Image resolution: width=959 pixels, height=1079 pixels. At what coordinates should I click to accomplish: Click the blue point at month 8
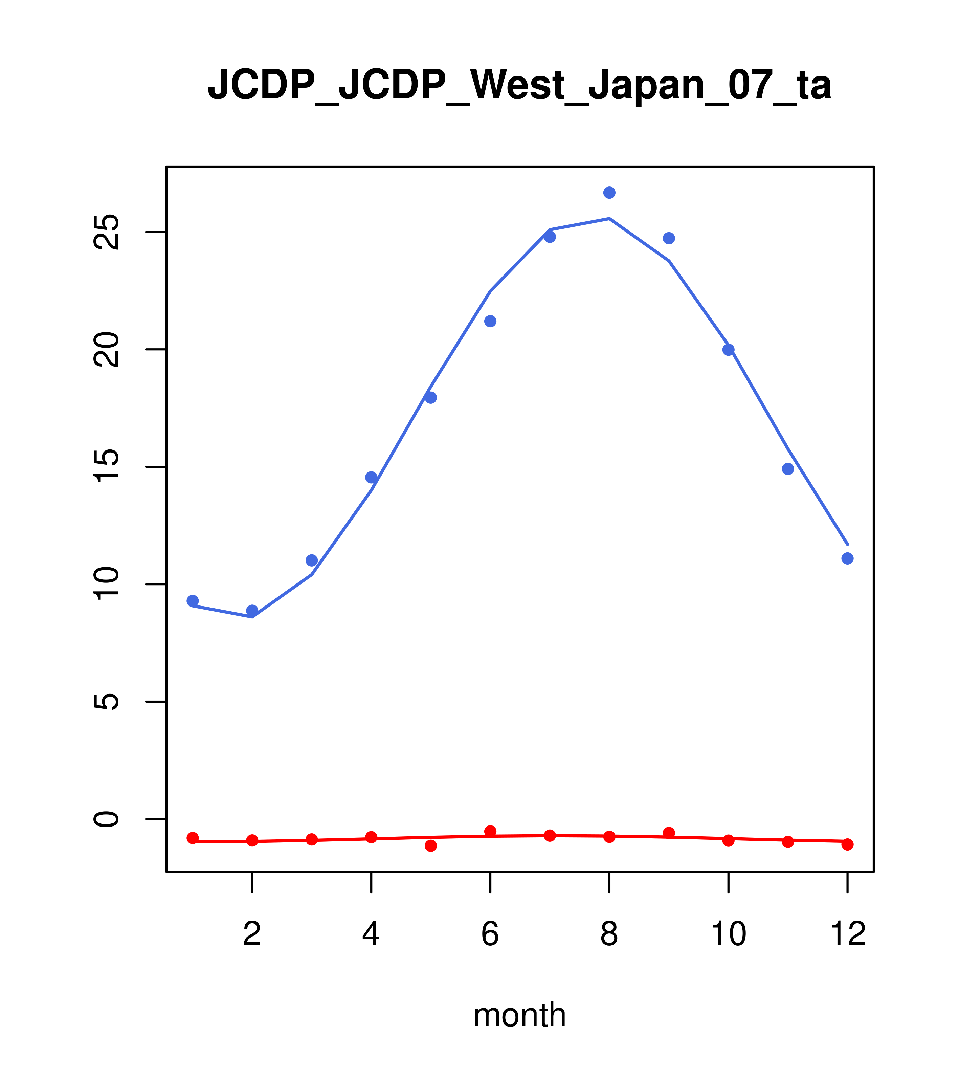[609, 193]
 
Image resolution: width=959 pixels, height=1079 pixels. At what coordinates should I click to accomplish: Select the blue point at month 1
[193, 601]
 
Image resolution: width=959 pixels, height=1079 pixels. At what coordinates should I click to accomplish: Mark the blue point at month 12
[848, 558]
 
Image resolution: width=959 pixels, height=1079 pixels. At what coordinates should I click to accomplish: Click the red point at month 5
[431, 846]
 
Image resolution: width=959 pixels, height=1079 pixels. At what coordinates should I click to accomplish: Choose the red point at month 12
[848, 844]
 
